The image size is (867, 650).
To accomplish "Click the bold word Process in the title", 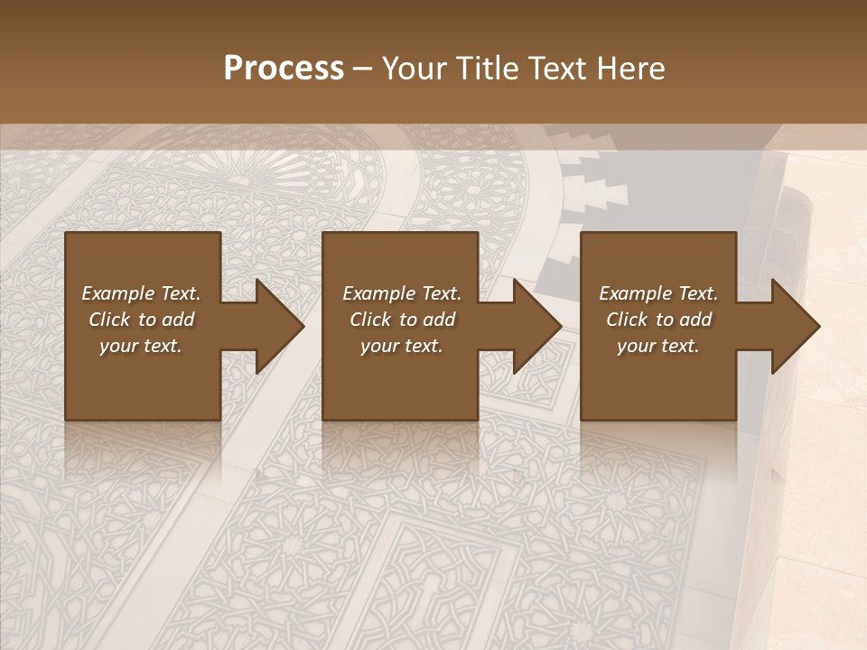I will (284, 69).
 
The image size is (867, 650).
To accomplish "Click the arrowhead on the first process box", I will (275, 326).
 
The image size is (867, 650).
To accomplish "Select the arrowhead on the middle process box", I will (533, 326).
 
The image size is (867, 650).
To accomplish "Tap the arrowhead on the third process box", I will (793, 326).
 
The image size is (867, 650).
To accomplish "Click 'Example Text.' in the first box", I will (141, 293).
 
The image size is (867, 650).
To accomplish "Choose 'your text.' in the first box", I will (141, 346).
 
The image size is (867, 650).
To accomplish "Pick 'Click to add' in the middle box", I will (402, 320).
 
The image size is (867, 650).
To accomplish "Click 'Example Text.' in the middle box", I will (402, 293).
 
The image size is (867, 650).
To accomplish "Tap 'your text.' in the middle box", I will (402, 346).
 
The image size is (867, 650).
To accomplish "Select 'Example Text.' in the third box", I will (658, 293).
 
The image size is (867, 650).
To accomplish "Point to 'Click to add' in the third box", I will (658, 320).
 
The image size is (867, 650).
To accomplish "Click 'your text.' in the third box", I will (658, 346).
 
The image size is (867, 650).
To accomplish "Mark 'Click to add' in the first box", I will (141, 320).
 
